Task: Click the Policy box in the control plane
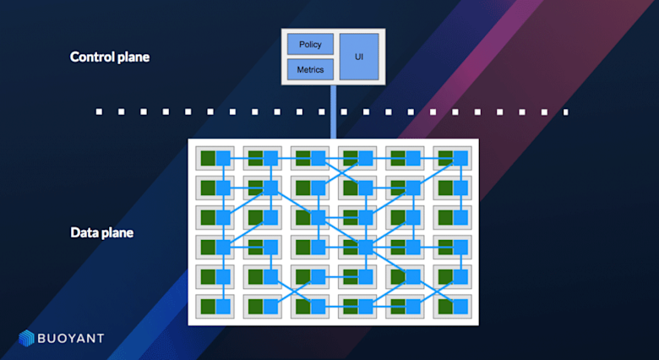(310, 44)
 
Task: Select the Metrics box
(310, 69)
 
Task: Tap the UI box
(359, 56)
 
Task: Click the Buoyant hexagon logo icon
(26, 338)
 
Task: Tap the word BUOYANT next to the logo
(71, 338)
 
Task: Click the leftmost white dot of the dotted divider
(99, 111)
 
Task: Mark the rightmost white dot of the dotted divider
(565, 111)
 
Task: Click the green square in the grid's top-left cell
(208, 158)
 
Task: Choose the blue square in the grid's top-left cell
(223, 158)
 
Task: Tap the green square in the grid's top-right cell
(444, 158)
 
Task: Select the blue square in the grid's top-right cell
(460, 158)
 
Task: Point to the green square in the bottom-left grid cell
(208, 305)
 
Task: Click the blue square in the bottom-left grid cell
(223, 305)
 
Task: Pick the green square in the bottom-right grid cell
(444, 305)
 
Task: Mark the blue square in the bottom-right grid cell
(460, 305)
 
